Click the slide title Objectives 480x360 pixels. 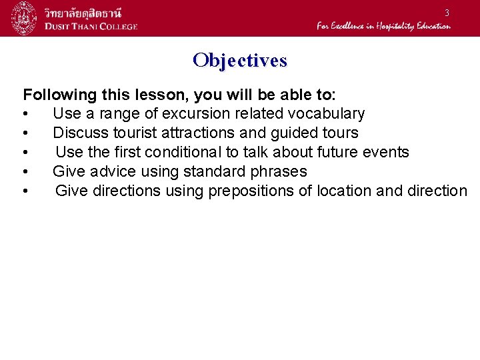tap(240, 61)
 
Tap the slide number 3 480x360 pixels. tap(447, 13)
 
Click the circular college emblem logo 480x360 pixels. tap(24, 18)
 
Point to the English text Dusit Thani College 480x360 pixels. tap(91, 26)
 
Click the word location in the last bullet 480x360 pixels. tap(345, 191)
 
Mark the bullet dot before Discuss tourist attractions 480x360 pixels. tap(25, 133)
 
